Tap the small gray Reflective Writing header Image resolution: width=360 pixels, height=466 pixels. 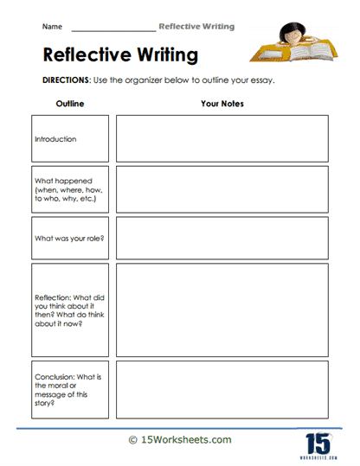(x=196, y=27)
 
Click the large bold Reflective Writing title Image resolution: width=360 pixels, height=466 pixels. (x=120, y=56)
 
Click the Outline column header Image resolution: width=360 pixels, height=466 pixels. (x=69, y=104)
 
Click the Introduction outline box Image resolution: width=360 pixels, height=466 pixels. (x=69, y=138)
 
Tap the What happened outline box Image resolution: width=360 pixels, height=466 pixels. (x=69, y=189)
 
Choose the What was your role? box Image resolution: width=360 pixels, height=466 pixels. (x=69, y=238)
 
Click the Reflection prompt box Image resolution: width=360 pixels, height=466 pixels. (x=69, y=309)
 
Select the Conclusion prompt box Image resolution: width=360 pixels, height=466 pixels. (x=69, y=389)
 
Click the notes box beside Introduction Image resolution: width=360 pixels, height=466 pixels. (x=222, y=138)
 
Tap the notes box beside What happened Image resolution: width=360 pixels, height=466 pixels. (x=222, y=189)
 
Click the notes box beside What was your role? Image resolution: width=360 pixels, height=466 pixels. (x=222, y=238)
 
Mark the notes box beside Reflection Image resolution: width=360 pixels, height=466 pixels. (x=222, y=309)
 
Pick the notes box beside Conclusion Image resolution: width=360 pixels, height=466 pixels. (x=222, y=389)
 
